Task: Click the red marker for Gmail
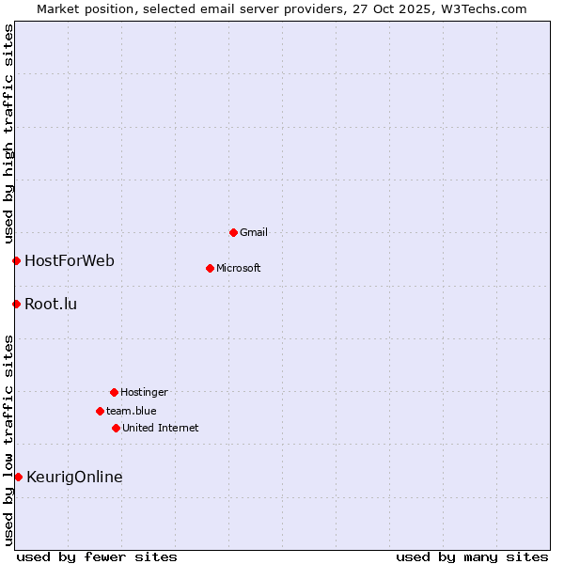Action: [x=233, y=232]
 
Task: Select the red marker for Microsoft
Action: [x=210, y=268]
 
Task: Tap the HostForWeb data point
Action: [x=16, y=260]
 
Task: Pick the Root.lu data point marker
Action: [x=16, y=304]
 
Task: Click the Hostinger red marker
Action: [x=114, y=392]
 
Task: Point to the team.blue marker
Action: [x=100, y=411]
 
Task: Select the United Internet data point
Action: [x=116, y=428]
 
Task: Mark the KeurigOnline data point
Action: [x=18, y=477]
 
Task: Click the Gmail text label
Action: [x=254, y=232]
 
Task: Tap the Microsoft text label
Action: [x=239, y=268]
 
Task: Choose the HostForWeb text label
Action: [x=70, y=260]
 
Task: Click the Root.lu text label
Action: [x=51, y=304]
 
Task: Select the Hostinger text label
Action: [x=144, y=392]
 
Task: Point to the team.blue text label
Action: [x=132, y=411]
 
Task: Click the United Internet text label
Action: [x=161, y=428]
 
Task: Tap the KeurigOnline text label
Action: [x=74, y=477]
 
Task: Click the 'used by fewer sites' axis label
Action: [x=97, y=556]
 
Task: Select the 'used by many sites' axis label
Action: [x=472, y=556]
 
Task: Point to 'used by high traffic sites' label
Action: [x=8, y=134]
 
